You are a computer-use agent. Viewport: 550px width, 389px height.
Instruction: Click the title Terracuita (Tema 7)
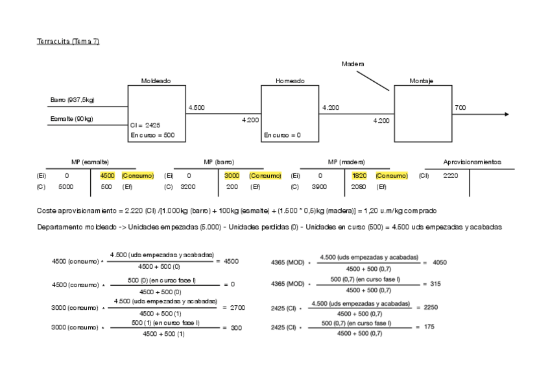(x=68, y=42)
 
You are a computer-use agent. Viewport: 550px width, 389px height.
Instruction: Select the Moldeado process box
(x=156, y=114)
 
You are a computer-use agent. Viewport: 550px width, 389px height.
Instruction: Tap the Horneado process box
(x=289, y=114)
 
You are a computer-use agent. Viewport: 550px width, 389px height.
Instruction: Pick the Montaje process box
(x=423, y=114)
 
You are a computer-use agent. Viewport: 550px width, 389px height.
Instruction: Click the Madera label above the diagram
(x=353, y=64)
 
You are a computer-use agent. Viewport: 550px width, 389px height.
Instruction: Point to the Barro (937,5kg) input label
(x=72, y=99)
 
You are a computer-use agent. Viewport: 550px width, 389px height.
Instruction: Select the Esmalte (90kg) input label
(x=71, y=119)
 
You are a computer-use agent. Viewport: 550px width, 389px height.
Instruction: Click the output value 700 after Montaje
(x=460, y=108)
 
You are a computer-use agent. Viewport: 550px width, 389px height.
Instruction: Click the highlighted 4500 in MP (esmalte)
(x=107, y=176)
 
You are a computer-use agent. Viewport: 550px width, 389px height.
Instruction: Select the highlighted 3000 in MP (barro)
(x=232, y=176)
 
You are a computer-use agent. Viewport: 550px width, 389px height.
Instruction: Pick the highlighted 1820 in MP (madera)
(x=359, y=176)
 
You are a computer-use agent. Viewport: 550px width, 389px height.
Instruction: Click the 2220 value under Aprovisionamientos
(x=451, y=176)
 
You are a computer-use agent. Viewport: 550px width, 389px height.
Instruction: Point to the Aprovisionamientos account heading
(x=472, y=162)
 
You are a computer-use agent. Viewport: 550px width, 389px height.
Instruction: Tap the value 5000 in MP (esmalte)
(x=66, y=187)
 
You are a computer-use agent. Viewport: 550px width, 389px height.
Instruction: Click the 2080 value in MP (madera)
(x=359, y=187)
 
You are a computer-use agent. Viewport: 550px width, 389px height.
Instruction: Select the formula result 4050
(x=439, y=262)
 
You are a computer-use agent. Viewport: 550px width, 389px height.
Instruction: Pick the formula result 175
(x=429, y=327)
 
